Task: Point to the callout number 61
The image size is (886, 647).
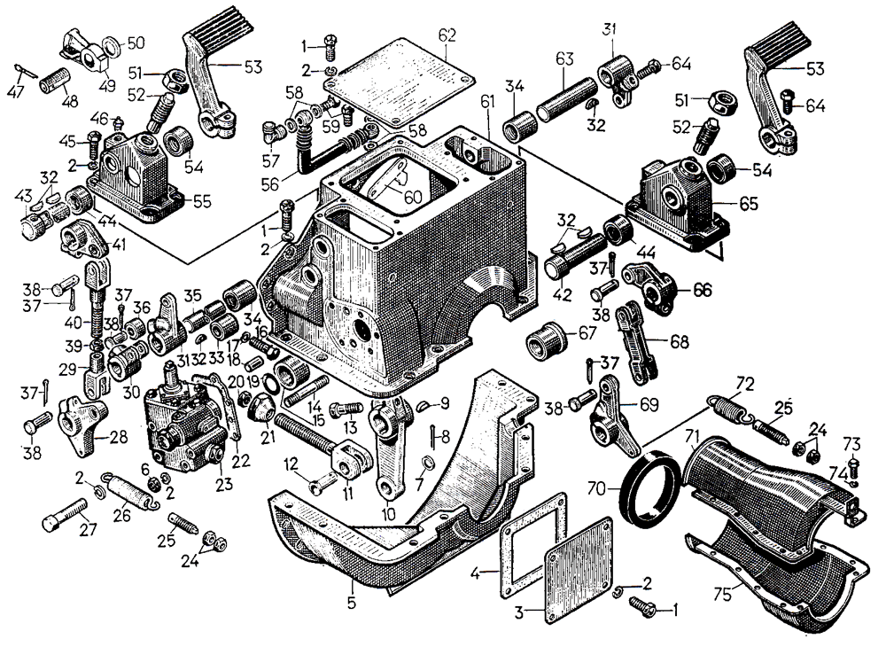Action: pyautogui.click(x=487, y=104)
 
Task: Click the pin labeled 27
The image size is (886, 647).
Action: pyautogui.click(x=64, y=516)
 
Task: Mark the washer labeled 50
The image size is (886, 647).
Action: pyautogui.click(x=110, y=46)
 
